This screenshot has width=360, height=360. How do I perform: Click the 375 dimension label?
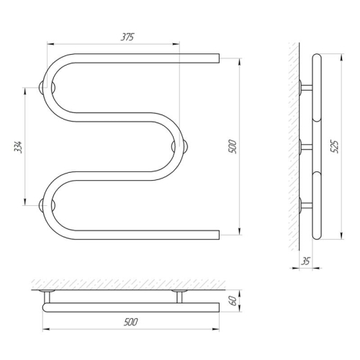click(x=127, y=37)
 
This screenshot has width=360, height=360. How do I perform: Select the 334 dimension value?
click(x=18, y=148)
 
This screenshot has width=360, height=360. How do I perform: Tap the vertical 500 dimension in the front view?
click(x=233, y=146)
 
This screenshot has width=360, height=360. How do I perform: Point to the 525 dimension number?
click(x=334, y=146)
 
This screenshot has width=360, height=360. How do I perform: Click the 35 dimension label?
click(x=305, y=261)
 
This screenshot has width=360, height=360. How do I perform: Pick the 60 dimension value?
click(x=233, y=301)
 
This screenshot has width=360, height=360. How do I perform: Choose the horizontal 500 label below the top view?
click(x=130, y=322)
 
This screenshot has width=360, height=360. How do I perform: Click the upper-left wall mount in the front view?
click(x=48, y=87)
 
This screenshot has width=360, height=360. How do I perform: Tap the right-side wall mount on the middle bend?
click(x=179, y=146)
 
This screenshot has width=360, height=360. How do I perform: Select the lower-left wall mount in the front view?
click(x=48, y=205)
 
